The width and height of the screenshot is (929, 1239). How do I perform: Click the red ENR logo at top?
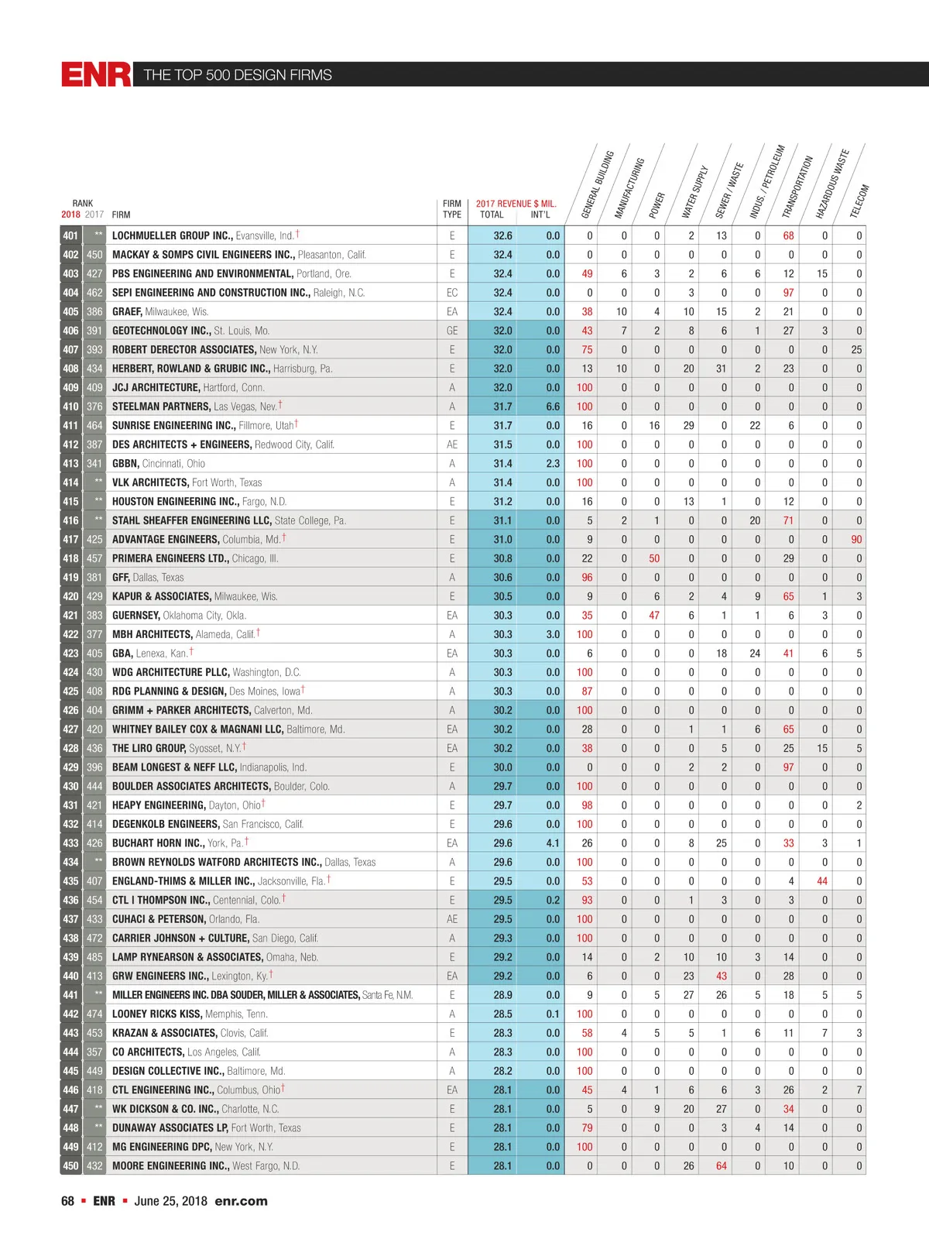tap(96, 74)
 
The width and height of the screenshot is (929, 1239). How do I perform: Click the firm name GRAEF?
tap(127, 312)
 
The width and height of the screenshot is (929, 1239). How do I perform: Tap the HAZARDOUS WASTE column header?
tap(832, 184)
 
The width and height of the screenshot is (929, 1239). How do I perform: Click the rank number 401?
tap(70, 236)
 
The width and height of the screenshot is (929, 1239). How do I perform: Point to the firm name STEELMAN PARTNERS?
tap(161, 407)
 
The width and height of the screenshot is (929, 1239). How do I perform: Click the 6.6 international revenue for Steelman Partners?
tap(552, 407)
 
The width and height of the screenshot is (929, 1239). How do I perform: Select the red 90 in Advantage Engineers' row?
tap(856, 540)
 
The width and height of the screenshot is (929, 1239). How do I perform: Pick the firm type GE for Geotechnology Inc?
tap(452, 331)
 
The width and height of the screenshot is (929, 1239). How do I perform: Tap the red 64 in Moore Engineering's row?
tap(722, 1166)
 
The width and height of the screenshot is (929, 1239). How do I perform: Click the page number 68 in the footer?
tap(67, 1201)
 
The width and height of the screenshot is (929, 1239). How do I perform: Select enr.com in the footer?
tap(241, 1201)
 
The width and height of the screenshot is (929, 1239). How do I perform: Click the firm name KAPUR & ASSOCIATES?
tap(161, 597)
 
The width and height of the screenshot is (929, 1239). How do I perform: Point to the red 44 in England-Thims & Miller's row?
tap(822, 881)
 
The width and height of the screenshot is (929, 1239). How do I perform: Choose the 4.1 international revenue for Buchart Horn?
tap(552, 843)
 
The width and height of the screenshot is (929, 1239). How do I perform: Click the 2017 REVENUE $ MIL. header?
tap(516, 204)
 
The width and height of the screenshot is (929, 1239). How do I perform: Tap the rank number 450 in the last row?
tap(70, 1166)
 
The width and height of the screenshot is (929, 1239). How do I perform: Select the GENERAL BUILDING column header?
tap(598, 184)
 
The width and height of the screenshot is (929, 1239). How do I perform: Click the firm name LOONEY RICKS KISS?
tap(156, 1014)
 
